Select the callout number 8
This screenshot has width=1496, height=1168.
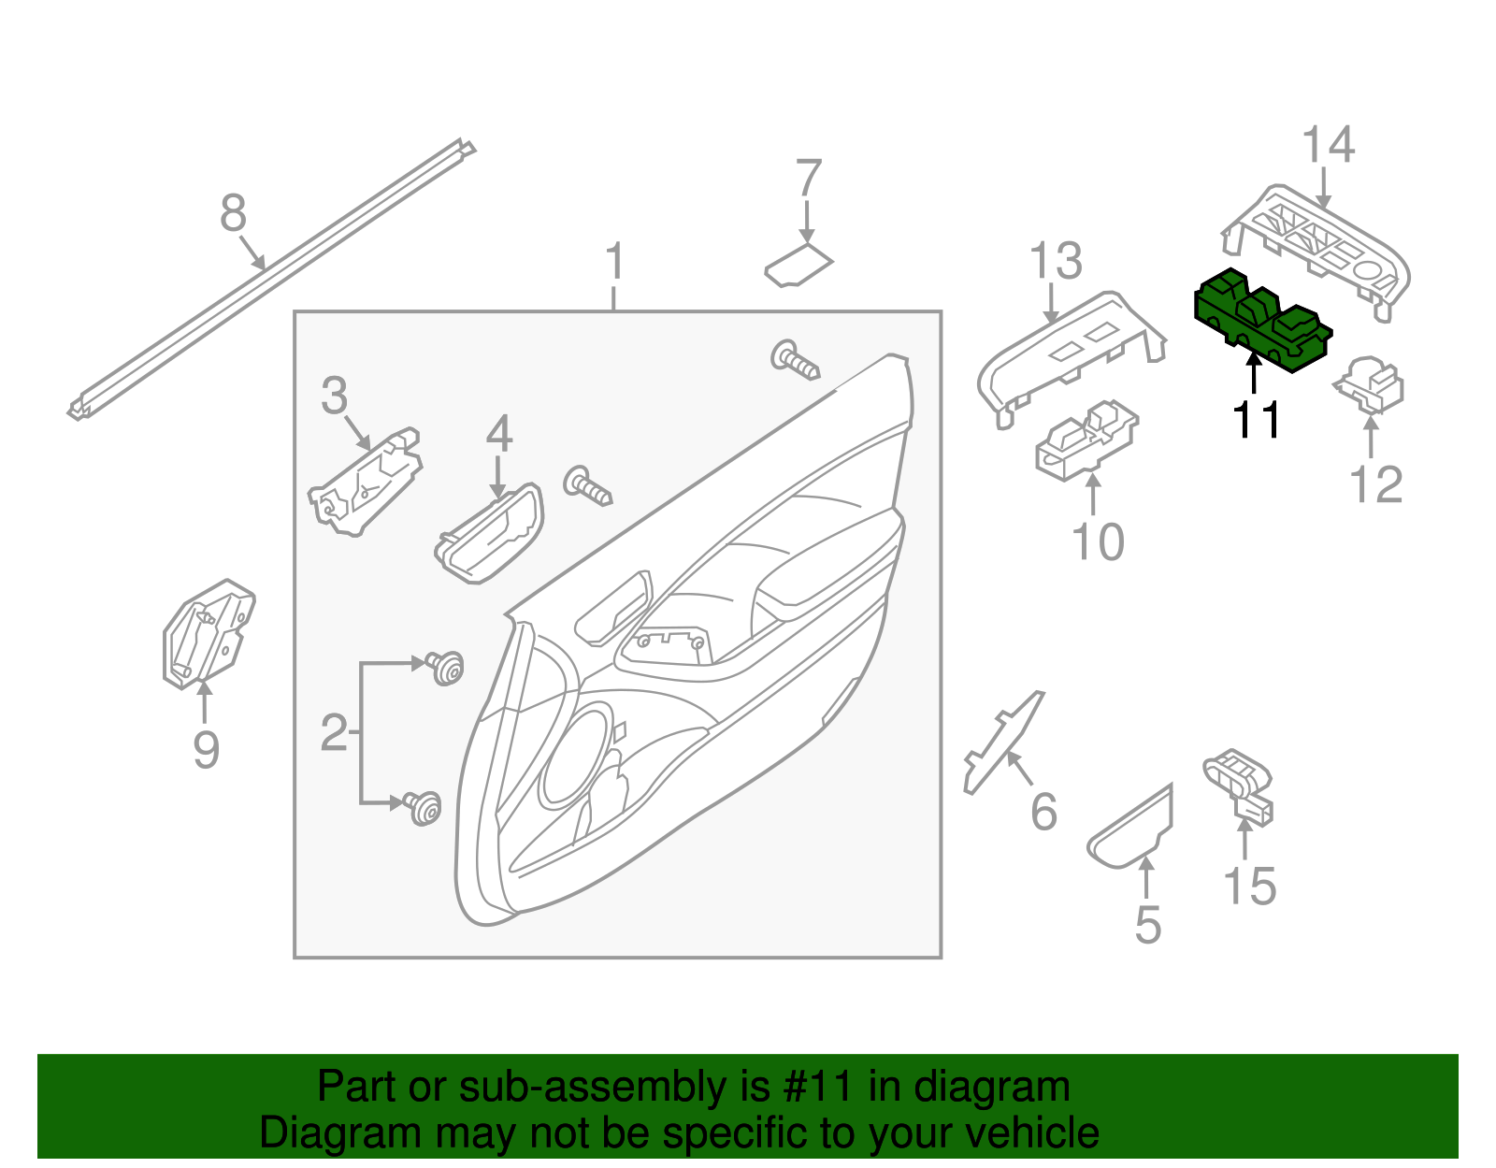[x=233, y=213]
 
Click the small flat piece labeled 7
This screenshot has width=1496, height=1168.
[x=798, y=266]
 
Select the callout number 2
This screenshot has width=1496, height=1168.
[x=333, y=733]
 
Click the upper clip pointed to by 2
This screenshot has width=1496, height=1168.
[x=446, y=667]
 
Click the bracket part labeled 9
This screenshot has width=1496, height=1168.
[x=208, y=635]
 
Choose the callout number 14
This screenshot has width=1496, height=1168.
[x=1328, y=146]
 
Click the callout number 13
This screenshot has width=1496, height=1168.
[x=1056, y=262]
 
